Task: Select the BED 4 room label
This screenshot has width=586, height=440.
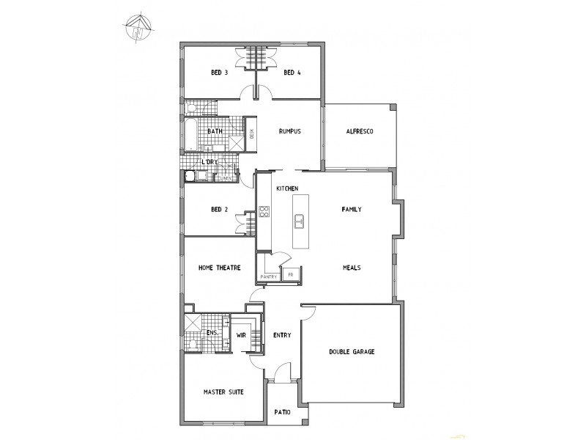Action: coord(292,73)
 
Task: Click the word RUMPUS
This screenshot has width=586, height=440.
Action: coord(291,132)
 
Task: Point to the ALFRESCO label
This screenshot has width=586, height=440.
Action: coord(360,132)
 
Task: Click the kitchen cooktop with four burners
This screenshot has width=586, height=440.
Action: coord(264,213)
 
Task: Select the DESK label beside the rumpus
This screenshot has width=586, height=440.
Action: coord(252,133)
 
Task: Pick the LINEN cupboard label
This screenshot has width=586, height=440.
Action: coord(227,178)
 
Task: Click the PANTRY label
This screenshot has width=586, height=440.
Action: coord(268,276)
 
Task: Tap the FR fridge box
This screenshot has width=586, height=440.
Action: coord(290,275)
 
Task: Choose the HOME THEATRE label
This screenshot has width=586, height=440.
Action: coord(220,268)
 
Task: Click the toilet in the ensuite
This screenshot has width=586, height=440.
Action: coord(191,344)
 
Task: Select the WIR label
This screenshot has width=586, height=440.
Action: coord(240,335)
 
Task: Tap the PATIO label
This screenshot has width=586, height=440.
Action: coord(282,412)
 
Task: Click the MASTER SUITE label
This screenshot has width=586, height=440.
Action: coord(223,392)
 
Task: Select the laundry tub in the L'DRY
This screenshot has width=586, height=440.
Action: coord(190,176)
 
